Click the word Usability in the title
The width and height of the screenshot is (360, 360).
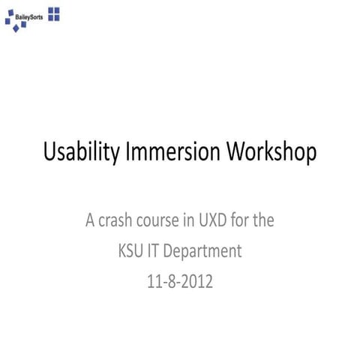pyautogui.click(x=79, y=152)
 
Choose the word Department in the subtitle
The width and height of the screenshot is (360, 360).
pyautogui.click(x=204, y=252)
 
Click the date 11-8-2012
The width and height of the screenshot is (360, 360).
pyautogui.click(x=180, y=282)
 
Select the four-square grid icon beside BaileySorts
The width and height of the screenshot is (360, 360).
pyautogui.click(x=54, y=13)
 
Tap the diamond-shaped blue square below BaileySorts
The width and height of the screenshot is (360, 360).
pyautogui.click(x=23, y=25)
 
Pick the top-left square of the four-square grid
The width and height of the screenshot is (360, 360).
pyautogui.click(x=51, y=10)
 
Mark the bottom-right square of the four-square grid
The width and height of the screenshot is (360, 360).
pyautogui.click(x=58, y=17)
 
